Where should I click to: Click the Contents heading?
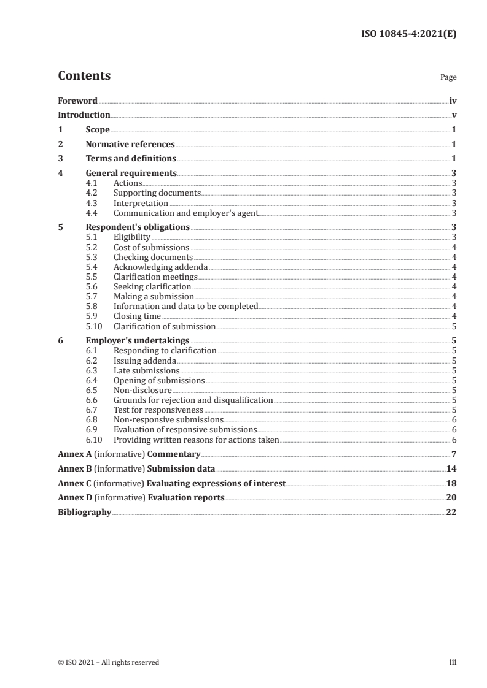point(84,76)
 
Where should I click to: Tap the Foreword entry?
point(77,101)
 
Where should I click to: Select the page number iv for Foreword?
point(453,101)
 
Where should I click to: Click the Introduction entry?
point(84,115)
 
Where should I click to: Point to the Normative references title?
point(130,145)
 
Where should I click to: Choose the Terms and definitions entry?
point(131,159)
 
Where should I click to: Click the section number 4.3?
point(92,203)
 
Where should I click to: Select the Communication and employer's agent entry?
point(185,213)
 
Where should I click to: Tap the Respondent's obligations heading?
point(138,227)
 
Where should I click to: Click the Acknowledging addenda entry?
point(160,267)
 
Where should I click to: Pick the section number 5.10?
point(94,326)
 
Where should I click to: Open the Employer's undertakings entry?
point(138,341)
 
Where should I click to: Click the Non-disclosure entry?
point(142,390)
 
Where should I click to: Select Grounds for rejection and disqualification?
point(193,400)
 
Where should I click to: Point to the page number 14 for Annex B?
point(451,468)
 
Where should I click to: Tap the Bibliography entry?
point(84,513)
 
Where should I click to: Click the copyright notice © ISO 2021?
point(108,662)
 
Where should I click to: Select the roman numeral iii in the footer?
point(453,662)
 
